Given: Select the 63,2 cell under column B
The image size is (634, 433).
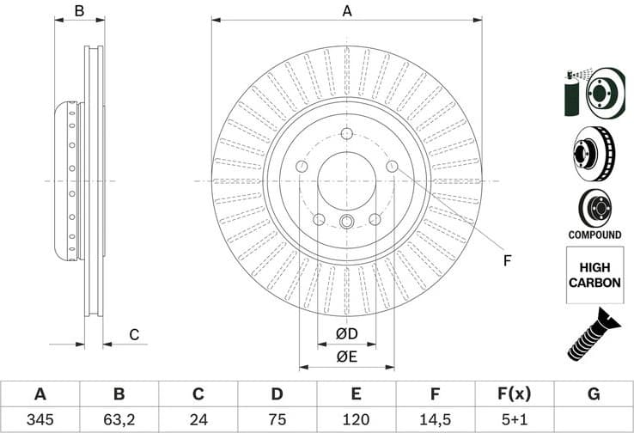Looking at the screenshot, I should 119,420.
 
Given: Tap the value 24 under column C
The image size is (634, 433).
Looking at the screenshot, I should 198,420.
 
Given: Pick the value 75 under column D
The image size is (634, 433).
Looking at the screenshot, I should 277,420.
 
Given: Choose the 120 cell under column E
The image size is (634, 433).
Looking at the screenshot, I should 356,420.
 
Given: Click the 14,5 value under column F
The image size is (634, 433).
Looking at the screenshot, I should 435,420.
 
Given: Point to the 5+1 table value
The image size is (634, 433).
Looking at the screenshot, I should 514,420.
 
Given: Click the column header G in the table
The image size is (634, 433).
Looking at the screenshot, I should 593,394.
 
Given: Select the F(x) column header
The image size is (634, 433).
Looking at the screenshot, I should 514,394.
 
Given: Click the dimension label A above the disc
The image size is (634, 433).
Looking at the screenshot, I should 347,11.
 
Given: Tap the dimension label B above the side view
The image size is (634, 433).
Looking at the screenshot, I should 78,11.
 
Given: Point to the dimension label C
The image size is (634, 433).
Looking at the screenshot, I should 133,334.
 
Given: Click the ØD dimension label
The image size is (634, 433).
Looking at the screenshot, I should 347,332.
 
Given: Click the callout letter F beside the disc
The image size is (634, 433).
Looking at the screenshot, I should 507,261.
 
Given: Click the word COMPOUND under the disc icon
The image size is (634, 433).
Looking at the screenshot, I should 594,235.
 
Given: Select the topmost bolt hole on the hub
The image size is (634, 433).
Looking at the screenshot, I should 347,134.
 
